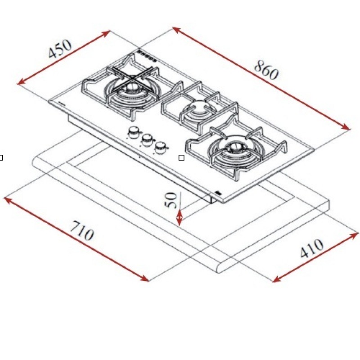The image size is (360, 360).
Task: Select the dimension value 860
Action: point(266,70)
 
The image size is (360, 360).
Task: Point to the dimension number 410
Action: point(311,248)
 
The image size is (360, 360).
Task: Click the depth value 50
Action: point(171,200)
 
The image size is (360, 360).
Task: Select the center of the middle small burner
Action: point(198,108)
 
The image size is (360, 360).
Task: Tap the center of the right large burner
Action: point(234,147)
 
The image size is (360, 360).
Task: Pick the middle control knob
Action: point(147,139)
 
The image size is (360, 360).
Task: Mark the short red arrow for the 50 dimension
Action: point(180,217)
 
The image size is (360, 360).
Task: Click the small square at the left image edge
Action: point(1,157)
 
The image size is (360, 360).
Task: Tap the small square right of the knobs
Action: point(181,157)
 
